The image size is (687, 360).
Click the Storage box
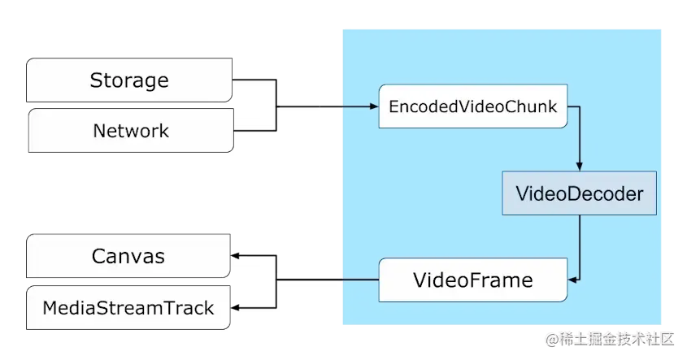point(129,80)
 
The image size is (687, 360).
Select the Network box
point(131,131)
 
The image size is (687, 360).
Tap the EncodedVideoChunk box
point(473,106)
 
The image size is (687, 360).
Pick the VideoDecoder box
point(579,193)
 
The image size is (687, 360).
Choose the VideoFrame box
point(473,280)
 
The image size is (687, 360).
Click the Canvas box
point(128,256)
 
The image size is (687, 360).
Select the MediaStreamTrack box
point(128,308)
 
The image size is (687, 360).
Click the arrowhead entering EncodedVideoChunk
point(374,106)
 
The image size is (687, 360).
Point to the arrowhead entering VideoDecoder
point(579,167)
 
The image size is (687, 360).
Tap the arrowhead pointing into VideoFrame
point(572,280)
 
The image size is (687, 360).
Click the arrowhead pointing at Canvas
point(235,256)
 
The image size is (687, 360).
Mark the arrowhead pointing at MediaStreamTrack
point(235,308)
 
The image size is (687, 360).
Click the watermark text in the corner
point(610,340)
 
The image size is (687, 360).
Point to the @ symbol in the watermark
point(552,340)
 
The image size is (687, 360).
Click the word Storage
point(129,80)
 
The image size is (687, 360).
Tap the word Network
point(131,131)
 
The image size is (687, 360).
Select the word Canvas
point(128,256)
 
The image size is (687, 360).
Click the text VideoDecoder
point(579,193)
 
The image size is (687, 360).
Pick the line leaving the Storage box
point(276,80)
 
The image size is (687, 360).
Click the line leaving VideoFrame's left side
point(328,280)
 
